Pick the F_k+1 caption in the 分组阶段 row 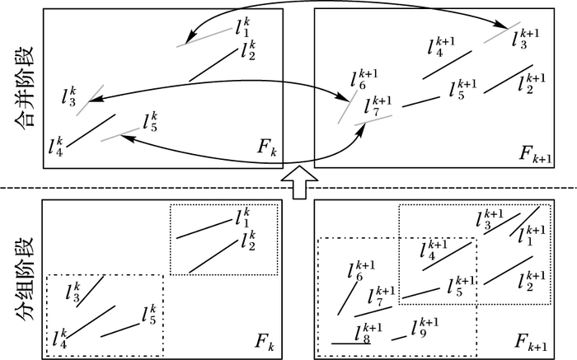(x=532, y=340)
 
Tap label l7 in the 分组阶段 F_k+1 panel (x=382, y=297)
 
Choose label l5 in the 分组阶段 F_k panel (x=148, y=315)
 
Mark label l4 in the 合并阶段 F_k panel (x=55, y=147)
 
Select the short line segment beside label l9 (x=399, y=337)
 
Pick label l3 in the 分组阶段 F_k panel (x=72, y=291)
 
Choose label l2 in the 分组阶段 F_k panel (x=246, y=241)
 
